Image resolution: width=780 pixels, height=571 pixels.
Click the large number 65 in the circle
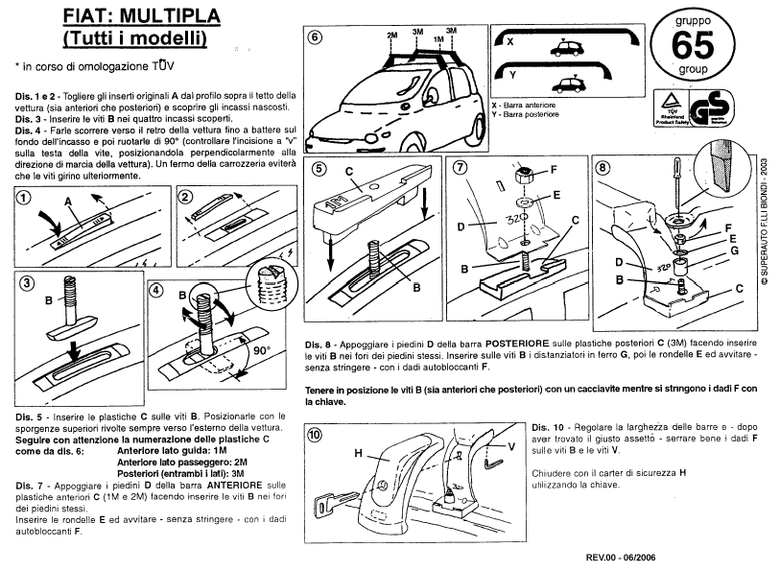click(695, 45)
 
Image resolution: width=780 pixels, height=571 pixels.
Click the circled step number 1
click(26, 198)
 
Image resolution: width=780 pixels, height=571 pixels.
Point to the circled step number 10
click(314, 434)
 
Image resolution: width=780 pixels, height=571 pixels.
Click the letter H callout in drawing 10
click(357, 452)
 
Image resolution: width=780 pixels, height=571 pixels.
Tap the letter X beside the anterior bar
click(510, 43)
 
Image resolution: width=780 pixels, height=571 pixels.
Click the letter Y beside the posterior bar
click(510, 73)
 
